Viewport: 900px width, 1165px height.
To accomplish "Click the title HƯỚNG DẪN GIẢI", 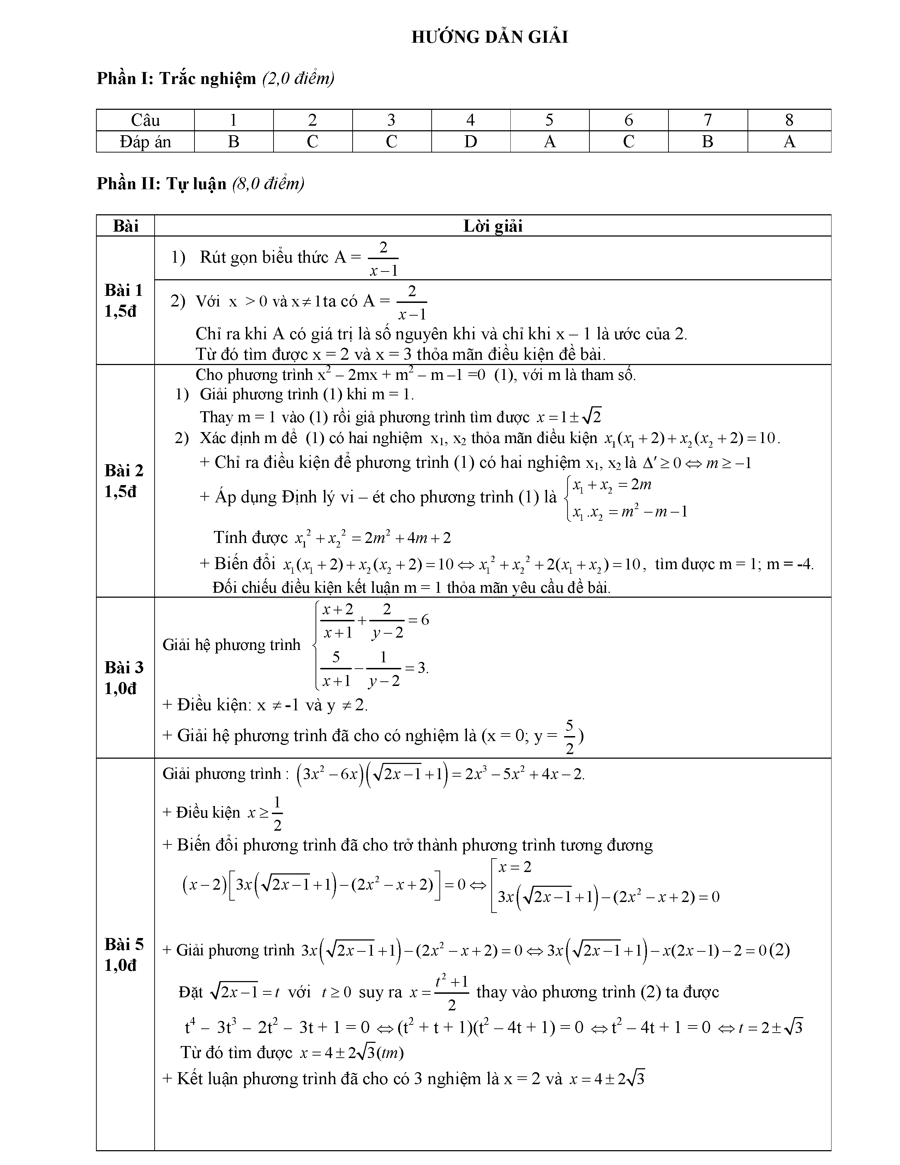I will [490, 37].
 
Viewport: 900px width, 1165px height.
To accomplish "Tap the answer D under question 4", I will [470, 142].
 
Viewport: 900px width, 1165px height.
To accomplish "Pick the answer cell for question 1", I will [234, 142].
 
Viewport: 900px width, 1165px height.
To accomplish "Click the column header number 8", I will [789, 120].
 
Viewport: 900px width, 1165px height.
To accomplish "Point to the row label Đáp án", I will [145, 142].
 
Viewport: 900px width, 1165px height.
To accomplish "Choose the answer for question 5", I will [549, 142].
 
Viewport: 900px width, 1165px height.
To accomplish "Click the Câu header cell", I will [145, 120].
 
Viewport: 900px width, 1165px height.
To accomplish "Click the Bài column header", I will [125, 226].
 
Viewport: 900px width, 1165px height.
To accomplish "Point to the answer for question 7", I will [708, 142].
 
